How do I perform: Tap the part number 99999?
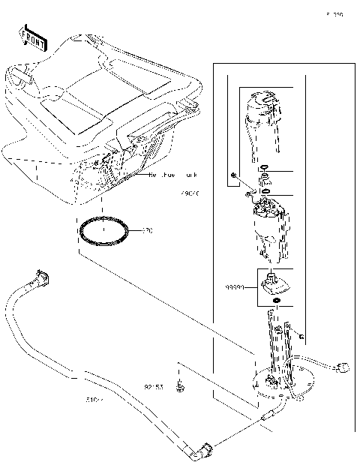[x=236, y=286]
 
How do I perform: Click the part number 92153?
[x=154, y=388]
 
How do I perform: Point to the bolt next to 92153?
[x=179, y=388]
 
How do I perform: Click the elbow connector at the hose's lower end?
[x=203, y=450]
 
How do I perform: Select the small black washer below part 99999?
[x=277, y=301]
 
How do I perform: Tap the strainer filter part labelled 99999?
[x=274, y=283]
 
